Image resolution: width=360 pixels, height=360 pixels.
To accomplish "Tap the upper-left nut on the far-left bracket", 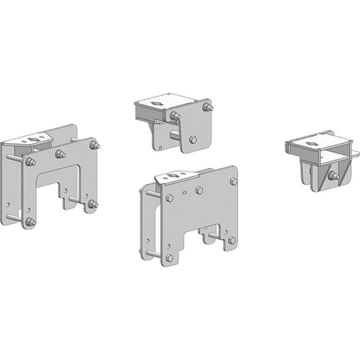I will pyautogui.click(x=30, y=162).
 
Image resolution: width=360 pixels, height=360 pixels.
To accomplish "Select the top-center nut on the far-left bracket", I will pyautogui.click(x=60, y=155).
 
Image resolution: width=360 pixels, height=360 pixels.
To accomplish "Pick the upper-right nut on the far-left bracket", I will pyautogui.click(x=94, y=145).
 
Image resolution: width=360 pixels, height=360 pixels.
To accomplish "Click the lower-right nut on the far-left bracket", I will pyautogui.click(x=92, y=204).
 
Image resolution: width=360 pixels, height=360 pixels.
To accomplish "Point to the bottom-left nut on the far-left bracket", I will pyautogui.click(x=30, y=222).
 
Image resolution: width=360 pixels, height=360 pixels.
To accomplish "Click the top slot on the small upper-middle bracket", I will pyautogui.click(x=156, y=103).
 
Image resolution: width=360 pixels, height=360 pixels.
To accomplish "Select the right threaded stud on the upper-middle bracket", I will pyautogui.click(x=208, y=107).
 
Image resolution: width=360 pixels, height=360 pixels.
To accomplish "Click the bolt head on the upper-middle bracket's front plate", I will pyautogui.click(x=193, y=139).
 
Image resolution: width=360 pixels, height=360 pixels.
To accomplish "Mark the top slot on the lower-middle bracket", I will pyautogui.click(x=174, y=175).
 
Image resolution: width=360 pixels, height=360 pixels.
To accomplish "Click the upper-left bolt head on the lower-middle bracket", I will pyautogui.click(x=169, y=198).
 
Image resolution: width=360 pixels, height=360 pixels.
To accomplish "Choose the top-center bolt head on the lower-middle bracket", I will pyautogui.click(x=199, y=190).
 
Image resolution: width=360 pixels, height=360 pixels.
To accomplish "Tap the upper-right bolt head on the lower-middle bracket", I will pyautogui.click(x=234, y=181).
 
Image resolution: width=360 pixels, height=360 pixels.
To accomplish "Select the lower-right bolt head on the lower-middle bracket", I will pyautogui.click(x=232, y=240).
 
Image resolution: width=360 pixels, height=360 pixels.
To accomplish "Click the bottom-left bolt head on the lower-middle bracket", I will pyautogui.click(x=169, y=258).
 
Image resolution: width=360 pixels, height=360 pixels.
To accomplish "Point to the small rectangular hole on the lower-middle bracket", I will pyautogui.click(x=185, y=192).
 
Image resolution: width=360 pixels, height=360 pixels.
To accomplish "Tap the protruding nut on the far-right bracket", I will pyautogui.click(x=334, y=176).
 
